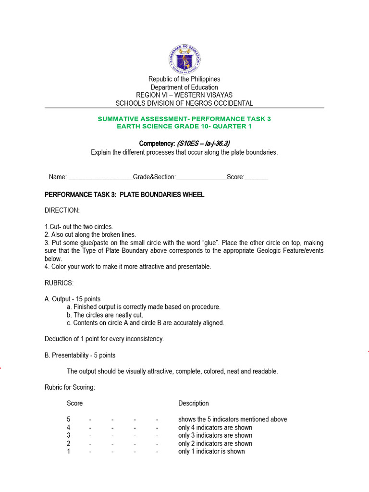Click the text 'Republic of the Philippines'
click(x=184, y=79)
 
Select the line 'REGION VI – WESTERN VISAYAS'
click(x=184, y=95)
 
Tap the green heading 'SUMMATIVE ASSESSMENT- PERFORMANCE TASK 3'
click(x=184, y=118)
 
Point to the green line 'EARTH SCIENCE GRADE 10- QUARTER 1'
click(x=184, y=126)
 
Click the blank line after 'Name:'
click(x=101, y=177)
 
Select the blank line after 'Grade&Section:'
click(x=201, y=177)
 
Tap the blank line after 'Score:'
click(x=257, y=177)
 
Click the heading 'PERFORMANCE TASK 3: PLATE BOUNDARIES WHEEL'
click(x=124, y=195)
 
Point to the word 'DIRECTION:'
click(x=62, y=210)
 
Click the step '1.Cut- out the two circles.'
click(x=79, y=227)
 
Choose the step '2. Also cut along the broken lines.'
click(x=90, y=234)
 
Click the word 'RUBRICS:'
click(x=59, y=283)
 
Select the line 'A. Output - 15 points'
click(x=73, y=299)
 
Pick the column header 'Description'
click(x=194, y=403)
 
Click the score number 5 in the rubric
click(x=69, y=419)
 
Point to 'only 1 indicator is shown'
click(x=211, y=451)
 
